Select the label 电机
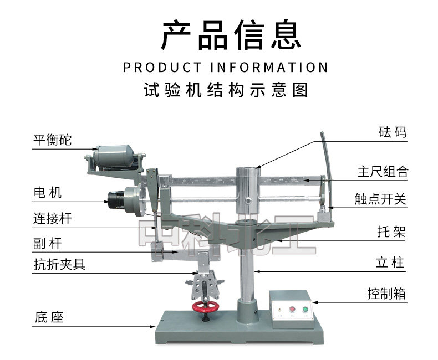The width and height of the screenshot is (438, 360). [x=48, y=193]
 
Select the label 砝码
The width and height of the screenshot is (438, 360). [x=393, y=132]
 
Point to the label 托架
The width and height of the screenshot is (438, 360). [x=391, y=232]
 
